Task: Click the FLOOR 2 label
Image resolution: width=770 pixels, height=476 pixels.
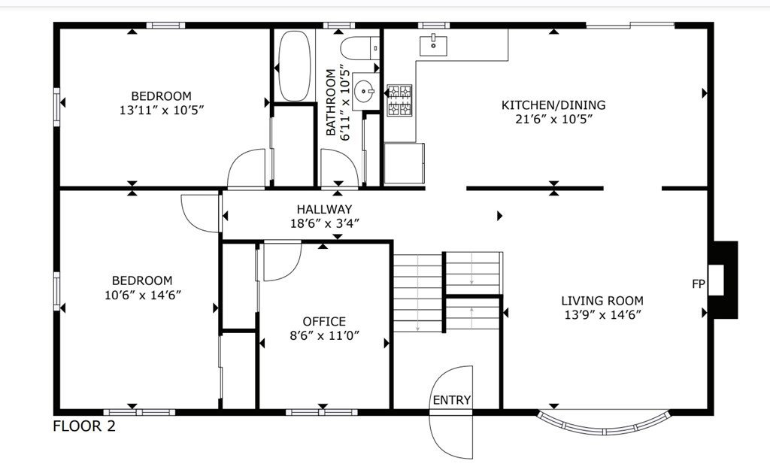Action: pyautogui.click(x=84, y=426)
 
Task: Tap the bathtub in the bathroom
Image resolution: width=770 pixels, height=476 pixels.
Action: pyautogui.click(x=295, y=66)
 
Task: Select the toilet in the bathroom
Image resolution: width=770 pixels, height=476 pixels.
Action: pyautogui.click(x=360, y=48)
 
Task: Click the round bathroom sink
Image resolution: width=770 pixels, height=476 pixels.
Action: pyautogui.click(x=364, y=91)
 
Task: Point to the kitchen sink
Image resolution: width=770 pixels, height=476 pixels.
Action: pyautogui.click(x=433, y=45)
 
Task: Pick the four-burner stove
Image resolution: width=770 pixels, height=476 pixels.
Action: pyautogui.click(x=399, y=100)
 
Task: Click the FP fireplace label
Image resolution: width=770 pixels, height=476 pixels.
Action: pyautogui.click(x=699, y=284)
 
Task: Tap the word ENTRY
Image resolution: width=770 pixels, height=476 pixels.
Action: pyautogui.click(x=452, y=400)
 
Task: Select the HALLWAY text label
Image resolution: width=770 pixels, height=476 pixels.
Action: pyautogui.click(x=324, y=209)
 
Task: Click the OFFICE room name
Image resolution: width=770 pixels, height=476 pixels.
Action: pyautogui.click(x=324, y=321)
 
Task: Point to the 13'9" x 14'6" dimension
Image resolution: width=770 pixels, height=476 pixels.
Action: pyautogui.click(x=602, y=315)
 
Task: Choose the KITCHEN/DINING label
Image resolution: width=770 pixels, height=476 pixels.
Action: pyautogui.click(x=553, y=105)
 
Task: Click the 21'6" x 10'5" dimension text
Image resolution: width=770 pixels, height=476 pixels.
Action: pyautogui.click(x=554, y=119)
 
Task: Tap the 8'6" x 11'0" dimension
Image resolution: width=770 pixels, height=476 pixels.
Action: pyautogui.click(x=325, y=335)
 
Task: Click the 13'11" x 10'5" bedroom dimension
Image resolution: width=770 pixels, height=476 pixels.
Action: pyautogui.click(x=162, y=110)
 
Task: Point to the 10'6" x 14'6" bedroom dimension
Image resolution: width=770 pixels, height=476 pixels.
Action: pyautogui.click(x=143, y=296)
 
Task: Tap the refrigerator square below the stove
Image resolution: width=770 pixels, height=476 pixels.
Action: pyautogui.click(x=404, y=163)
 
